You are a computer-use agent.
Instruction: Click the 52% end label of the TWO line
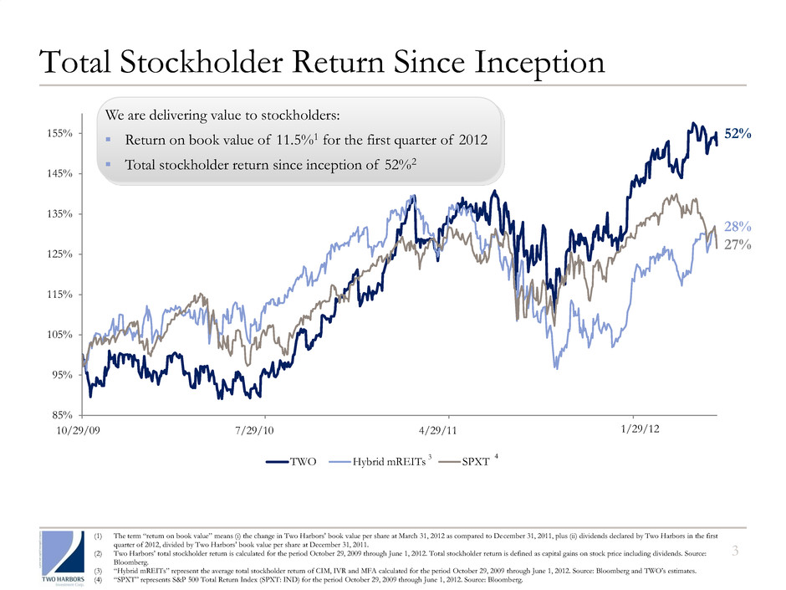(x=736, y=134)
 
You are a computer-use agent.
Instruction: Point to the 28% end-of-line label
(x=737, y=227)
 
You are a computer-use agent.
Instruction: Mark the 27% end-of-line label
(x=737, y=244)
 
